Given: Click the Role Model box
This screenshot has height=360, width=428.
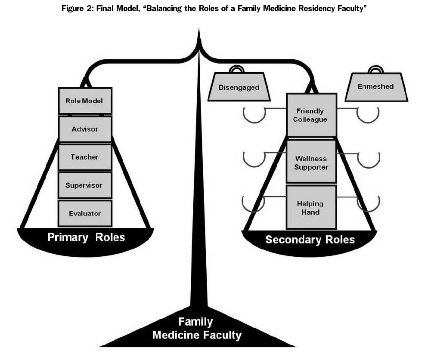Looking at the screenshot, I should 85,101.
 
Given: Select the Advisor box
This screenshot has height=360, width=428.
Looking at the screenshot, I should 85,129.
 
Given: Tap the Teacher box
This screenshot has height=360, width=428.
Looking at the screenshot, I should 85,157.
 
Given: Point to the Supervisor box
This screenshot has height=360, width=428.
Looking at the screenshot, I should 85,185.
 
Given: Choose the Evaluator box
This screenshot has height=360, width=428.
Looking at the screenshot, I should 85,213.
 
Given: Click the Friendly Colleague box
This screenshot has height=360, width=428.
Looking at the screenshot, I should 311,115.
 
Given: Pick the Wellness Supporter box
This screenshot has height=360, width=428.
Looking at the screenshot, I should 311,163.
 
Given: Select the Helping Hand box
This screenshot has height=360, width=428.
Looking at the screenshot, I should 311,208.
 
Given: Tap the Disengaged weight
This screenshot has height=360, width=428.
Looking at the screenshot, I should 239,88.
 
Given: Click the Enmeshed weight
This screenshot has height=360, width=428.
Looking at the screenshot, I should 375,87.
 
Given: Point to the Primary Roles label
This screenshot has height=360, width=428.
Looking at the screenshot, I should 86,237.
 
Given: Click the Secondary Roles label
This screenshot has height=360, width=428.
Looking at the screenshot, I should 310,240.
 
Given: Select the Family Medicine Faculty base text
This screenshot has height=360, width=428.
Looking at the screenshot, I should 197,329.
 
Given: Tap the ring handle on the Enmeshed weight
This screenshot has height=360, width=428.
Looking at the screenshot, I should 375,69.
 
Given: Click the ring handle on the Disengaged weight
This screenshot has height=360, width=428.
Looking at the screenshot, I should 238,69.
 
